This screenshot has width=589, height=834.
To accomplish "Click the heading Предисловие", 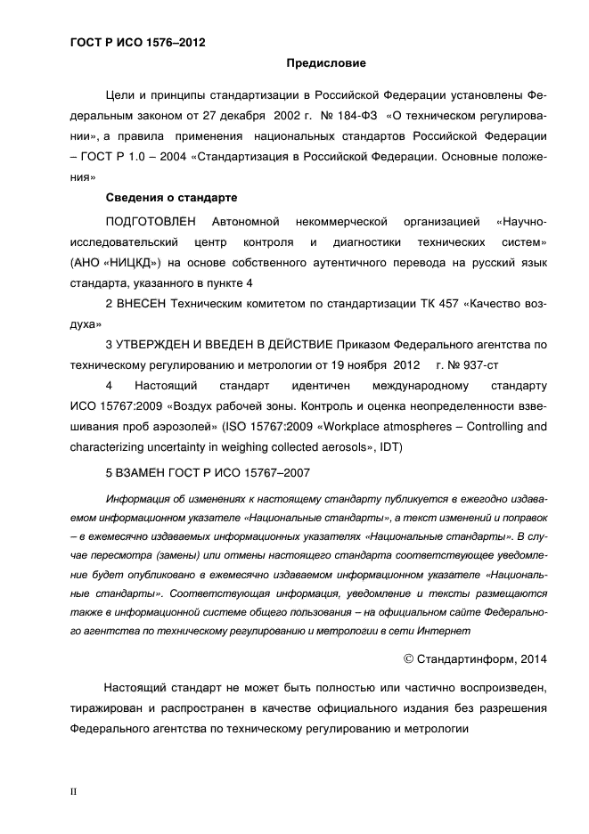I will tap(325, 63).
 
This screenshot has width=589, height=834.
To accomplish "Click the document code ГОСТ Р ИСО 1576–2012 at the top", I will tap(131, 42).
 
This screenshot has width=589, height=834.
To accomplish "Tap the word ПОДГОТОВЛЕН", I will tap(154, 219).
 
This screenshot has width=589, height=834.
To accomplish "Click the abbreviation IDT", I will tap(389, 446).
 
